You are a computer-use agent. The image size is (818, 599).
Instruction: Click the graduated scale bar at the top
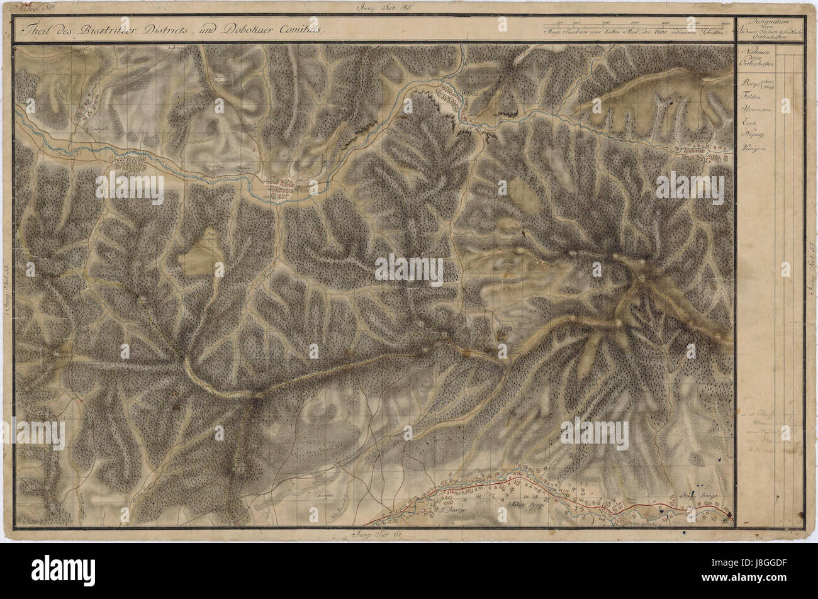tap(636, 26)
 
